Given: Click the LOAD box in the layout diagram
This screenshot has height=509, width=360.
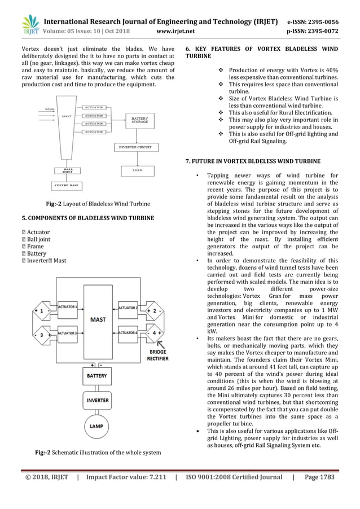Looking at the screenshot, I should point(136,169).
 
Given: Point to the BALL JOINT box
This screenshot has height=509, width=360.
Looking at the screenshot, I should point(68,169).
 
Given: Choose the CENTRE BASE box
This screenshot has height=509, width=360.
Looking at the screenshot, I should point(68,185).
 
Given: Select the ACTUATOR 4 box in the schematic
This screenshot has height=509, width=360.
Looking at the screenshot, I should point(129,333).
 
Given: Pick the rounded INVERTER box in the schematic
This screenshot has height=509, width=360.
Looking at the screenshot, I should point(98,400).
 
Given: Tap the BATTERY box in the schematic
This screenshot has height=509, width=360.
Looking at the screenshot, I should point(98,375).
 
